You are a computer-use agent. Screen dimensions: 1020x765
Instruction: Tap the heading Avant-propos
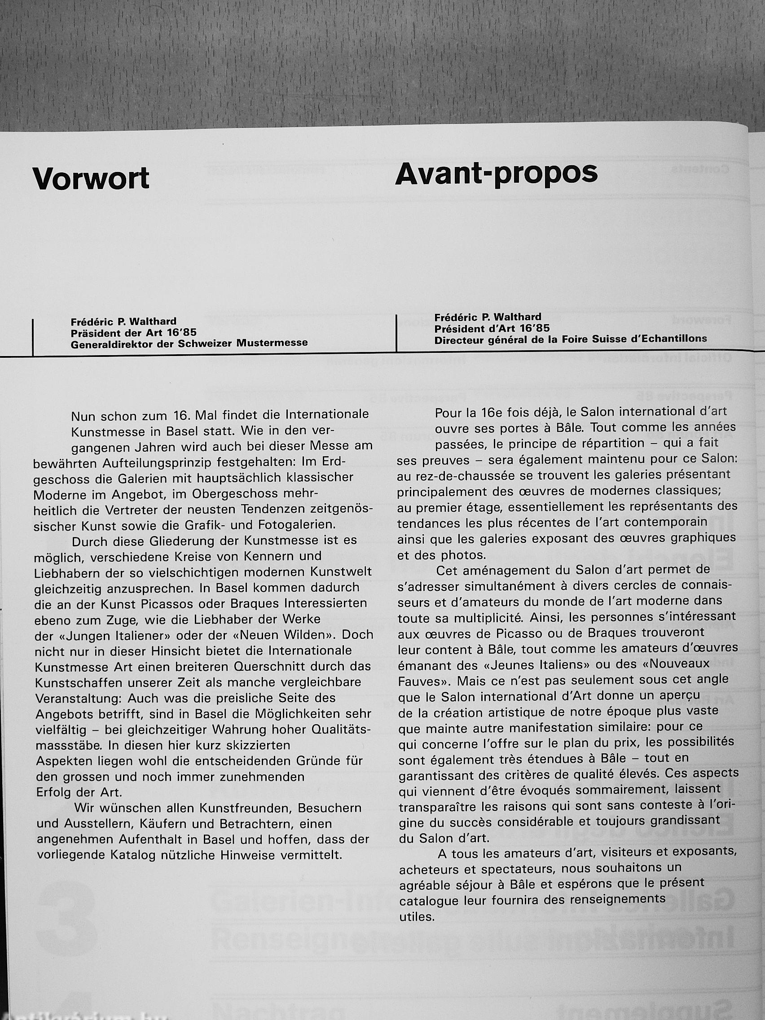(x=496, y=174)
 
